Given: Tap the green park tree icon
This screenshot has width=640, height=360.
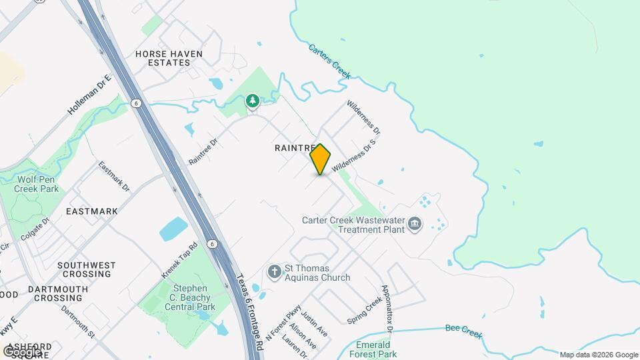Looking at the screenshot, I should click(x=252, y=101).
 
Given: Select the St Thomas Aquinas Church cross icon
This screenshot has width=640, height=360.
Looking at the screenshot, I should click(x=273, y=271).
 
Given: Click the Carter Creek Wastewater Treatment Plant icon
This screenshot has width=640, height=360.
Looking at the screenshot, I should click(x=415, y=223).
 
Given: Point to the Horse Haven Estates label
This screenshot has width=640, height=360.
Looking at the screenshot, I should click(x=168, y=58).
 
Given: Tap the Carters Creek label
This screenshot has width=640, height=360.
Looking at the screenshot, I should click(x=329, y=61).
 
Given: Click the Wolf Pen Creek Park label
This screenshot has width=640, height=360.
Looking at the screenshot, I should click(x=37, y=183).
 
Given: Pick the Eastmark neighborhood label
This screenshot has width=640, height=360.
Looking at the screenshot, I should click(x=92, y=211).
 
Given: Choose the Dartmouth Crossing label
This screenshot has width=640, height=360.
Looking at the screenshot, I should click(x=58, y=293).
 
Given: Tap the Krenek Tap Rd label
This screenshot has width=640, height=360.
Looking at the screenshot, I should click(x=180, y=260).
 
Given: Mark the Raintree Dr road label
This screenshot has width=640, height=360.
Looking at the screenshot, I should click(x=203, y=151).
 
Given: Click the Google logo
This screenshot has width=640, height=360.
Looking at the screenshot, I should click(x=23, y=351).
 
